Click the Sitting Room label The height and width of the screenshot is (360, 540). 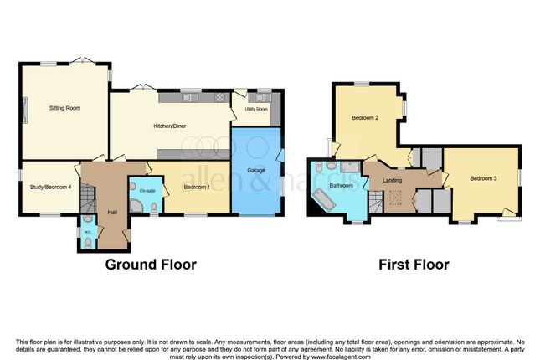tap(64, 108)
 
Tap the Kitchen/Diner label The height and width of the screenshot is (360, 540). tap(170, 126)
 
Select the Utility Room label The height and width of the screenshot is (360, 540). tap(256, 109)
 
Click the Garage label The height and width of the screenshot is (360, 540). tap(256, 170)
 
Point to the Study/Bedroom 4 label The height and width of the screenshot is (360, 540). tap(50, 187)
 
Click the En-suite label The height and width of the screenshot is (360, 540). tap(147, 191)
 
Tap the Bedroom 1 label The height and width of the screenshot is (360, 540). tap(197, 187)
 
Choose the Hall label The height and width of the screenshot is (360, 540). tap(112, 212)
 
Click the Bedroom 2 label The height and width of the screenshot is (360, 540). tap(365, 118)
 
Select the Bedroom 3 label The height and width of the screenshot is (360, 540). tap(483, 178)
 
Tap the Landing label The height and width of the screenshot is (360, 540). tap(393, 181)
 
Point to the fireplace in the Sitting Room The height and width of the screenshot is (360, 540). tap(25, 110)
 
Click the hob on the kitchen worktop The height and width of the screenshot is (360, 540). tap(219, 97)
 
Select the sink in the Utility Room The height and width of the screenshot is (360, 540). tap(263, 97)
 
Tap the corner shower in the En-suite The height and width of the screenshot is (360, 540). tap(136, 206)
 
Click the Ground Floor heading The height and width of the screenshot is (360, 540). tap(151, 265)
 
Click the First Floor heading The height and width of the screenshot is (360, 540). tap(414, 265)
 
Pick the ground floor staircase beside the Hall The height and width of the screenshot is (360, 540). tap(88, 198)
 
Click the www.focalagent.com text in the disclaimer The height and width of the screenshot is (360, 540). tap(341, 357)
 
